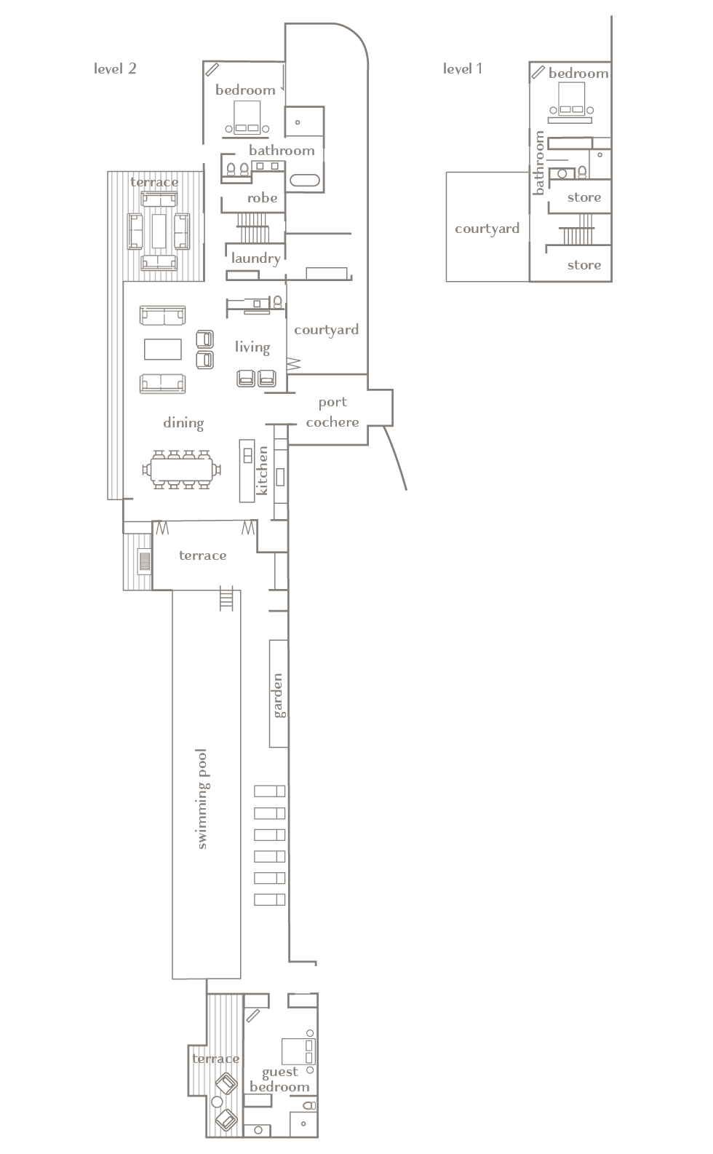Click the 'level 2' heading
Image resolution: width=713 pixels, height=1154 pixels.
coord(115,68)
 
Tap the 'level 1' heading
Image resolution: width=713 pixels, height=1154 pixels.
coord(462,68)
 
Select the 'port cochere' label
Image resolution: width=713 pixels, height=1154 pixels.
coord(332,412)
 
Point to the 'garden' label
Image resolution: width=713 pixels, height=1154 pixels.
coord(278,695)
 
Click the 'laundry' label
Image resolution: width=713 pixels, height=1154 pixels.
coord(255,258)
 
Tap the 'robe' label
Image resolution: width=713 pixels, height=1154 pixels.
coord(262,198)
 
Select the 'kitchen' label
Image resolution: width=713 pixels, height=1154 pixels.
coord(262,470)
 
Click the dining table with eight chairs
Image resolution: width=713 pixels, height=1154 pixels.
coord(181,470)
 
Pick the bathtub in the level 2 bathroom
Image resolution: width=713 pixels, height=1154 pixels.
coord(305,181)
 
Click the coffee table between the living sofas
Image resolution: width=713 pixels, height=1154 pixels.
coord(163,349)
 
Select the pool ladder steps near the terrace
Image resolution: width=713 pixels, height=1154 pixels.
coord(226,598)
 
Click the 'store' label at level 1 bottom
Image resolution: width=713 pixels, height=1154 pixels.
coord(583,265)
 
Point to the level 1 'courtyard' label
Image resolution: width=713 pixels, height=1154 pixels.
coord(487,229)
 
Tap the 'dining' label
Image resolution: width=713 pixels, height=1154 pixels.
coord(183,423)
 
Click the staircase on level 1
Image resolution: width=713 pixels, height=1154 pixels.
coord(578,230)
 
